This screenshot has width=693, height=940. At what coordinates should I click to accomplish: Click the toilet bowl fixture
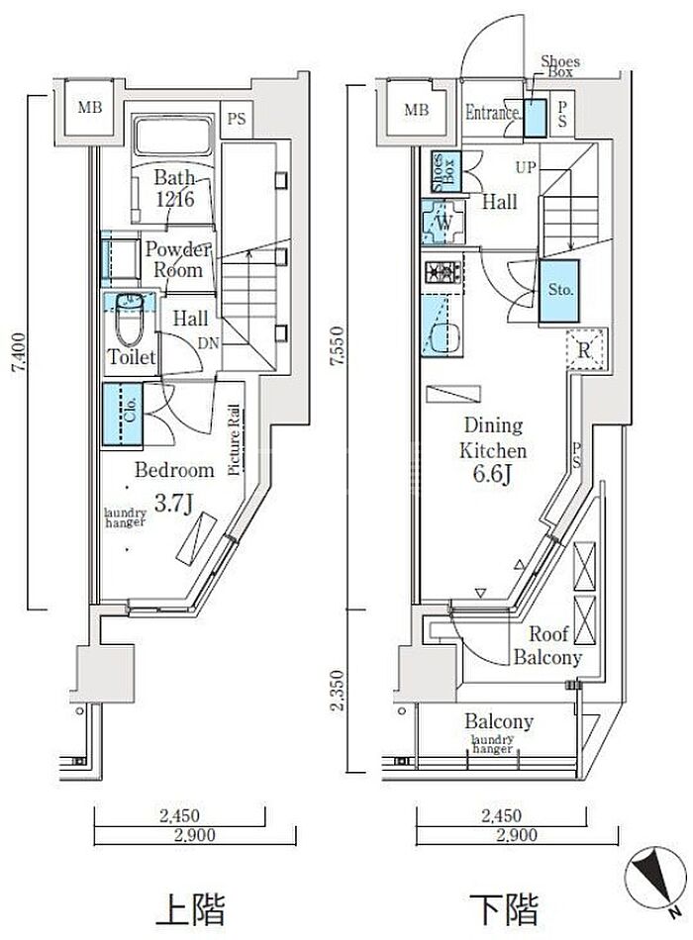coord(129,320)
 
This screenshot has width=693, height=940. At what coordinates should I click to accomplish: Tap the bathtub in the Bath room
coord(173,137)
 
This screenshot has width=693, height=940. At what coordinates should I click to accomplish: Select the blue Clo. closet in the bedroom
coord(123,415)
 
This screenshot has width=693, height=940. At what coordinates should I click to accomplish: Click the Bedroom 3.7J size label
coord(173,504)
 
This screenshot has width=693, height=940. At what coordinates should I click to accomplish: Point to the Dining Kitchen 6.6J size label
coord(492,474)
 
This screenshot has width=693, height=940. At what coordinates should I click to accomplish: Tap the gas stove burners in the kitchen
coord(443,272)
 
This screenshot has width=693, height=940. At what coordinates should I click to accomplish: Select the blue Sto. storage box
coord(558,291)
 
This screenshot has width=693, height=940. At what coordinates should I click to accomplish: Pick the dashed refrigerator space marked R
coord(586,349)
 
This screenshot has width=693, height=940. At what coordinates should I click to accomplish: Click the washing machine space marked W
coord(444,222)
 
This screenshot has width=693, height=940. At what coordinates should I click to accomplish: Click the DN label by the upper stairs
coord(209,343)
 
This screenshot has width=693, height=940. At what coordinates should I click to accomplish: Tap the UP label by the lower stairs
coord(526,166)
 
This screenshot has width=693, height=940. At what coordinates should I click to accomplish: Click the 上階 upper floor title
coord(190,908)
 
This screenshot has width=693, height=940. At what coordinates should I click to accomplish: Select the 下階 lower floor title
coord(503,908)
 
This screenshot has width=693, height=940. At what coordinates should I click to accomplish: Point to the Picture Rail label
coord(235,440)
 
